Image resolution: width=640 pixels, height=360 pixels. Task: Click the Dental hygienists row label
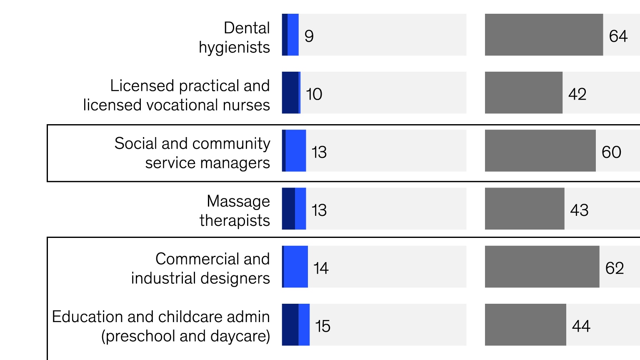click(x=234, y=37)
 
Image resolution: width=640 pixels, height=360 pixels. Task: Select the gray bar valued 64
click(x=543, y=35)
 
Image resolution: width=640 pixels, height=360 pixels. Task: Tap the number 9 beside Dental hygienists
click(x=309, y=36)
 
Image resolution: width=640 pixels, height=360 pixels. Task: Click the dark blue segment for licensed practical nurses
click(x=290, y=92)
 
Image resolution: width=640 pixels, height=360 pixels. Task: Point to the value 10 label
click(x=314, y=94)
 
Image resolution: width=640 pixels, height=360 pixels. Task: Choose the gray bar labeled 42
click(x=523, y=92)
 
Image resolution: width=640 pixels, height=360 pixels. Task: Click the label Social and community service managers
click(x=192, y=153)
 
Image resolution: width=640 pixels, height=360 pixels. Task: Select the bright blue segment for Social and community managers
click(x=296, y=150)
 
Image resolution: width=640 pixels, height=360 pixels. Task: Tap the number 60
click(x=611, y=152)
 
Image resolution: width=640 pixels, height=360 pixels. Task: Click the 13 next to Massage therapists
click(x=319, y=210)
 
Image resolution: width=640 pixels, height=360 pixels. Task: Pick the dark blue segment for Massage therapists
click(x=288, y=208)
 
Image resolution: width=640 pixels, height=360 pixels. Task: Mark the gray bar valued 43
click(x=524, y=208)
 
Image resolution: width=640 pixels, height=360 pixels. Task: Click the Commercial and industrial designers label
click(x=200, y=268)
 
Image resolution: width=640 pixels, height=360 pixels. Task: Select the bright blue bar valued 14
click(x=296, y=267)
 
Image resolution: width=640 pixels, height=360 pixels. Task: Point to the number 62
click(x=615, y=268)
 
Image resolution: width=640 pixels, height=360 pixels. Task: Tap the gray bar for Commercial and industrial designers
click(x=542, y=267)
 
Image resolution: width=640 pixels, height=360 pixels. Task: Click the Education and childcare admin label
click(x=161, y=326)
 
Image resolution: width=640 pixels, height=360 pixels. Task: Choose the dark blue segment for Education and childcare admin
click(x=290, y=325)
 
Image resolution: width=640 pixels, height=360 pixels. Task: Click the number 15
click(x=322, y=326)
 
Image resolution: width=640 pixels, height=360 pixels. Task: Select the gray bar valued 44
click(x=525, y=325)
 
